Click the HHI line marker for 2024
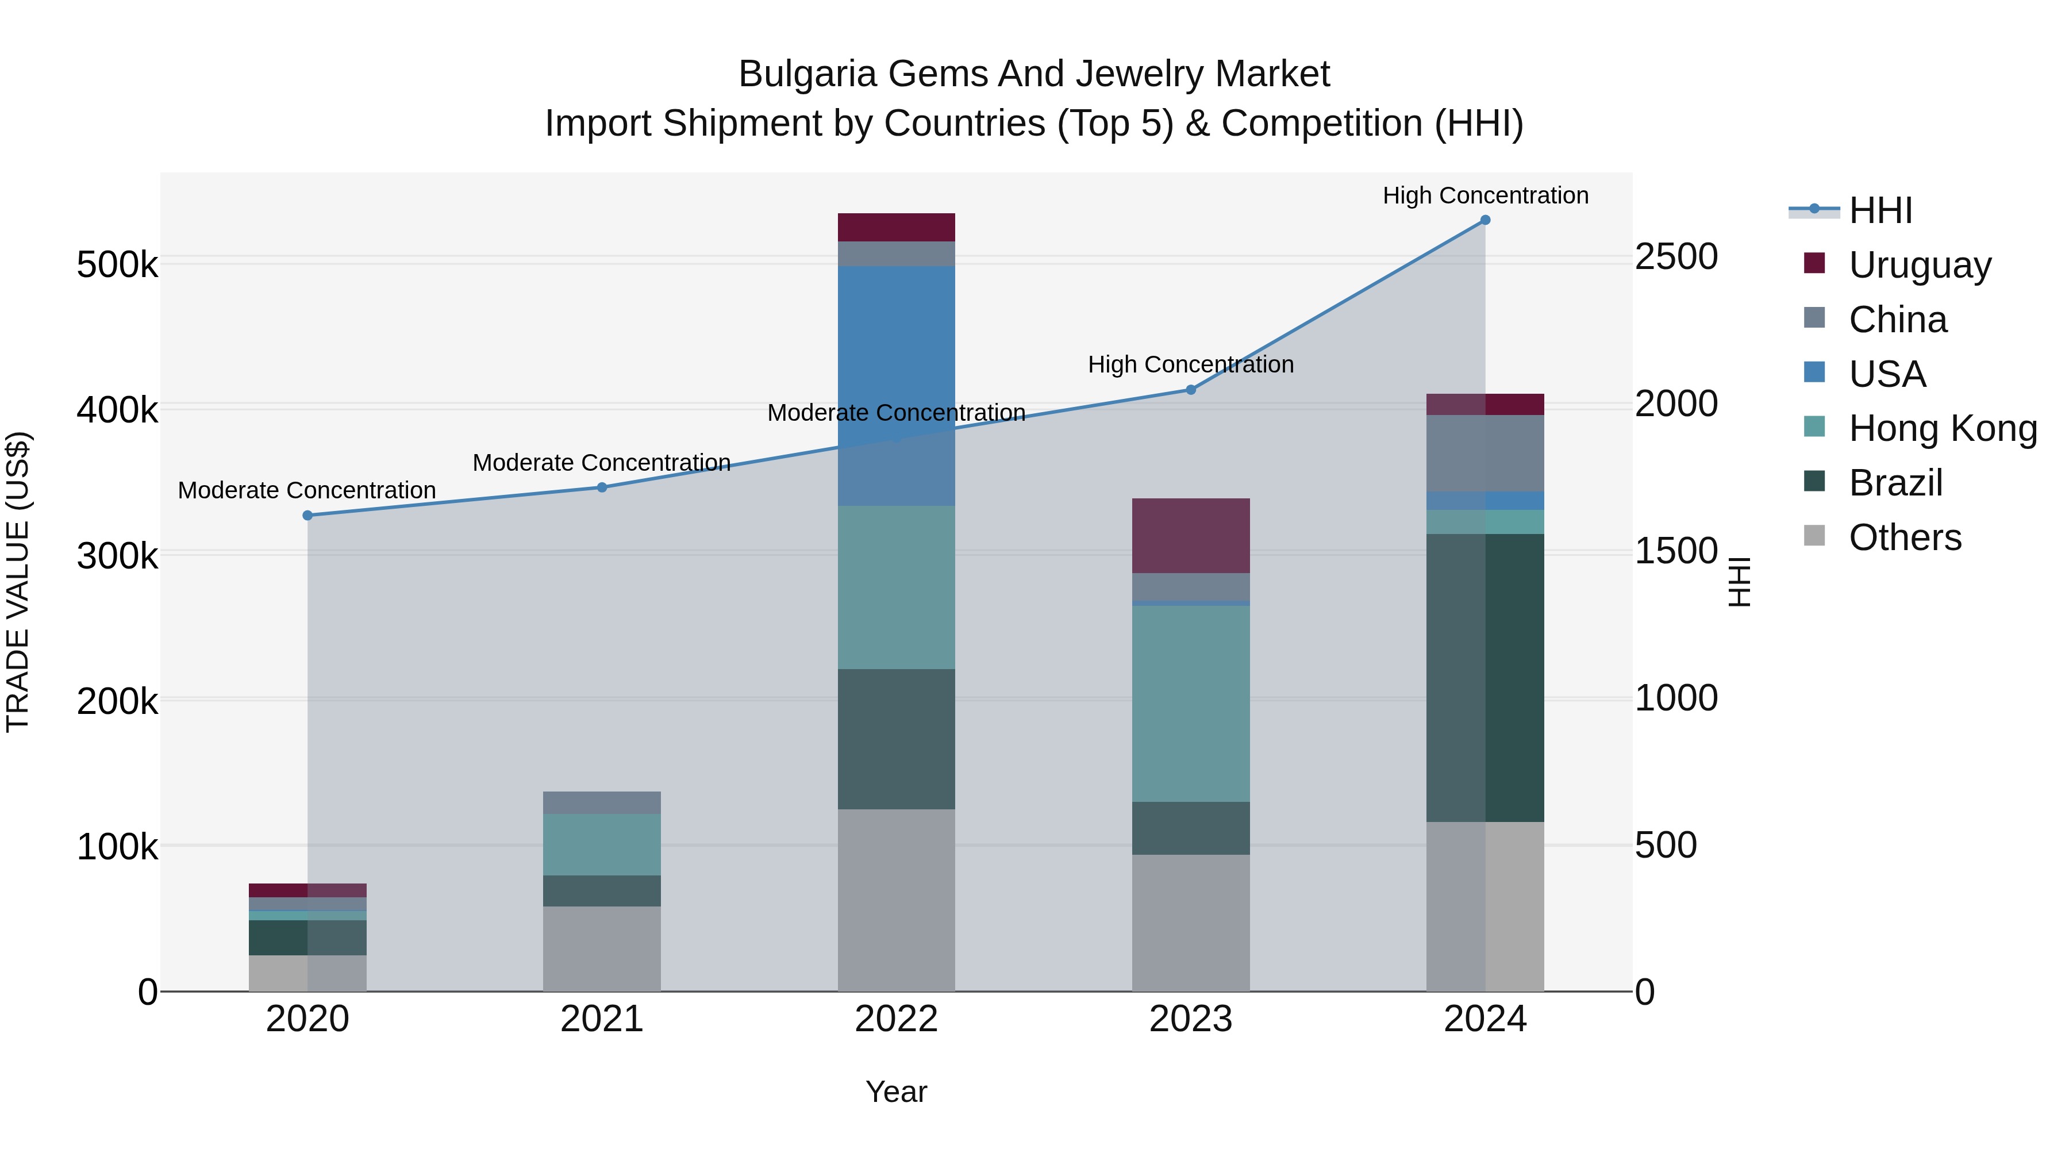pos(1485,220)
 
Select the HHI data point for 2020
pos(307,516)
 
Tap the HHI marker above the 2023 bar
pos(1191,390)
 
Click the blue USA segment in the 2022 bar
pos(897,345)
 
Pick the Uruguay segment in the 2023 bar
pos(1191,535)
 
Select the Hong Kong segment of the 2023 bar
pos(1191,703)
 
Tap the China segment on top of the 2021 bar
pos(602,802)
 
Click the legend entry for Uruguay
pos(1920,265)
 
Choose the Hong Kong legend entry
pos(1942,428)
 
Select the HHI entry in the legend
pos(1879,210)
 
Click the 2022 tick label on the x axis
pos(897,1019)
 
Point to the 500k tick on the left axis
pos(117,264)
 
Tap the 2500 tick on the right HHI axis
pos(1676,257)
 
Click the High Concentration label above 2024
pos(1485,195)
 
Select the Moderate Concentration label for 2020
pos(307,490)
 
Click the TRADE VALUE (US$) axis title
pos(18,582)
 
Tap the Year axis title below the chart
pos(897,1092)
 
